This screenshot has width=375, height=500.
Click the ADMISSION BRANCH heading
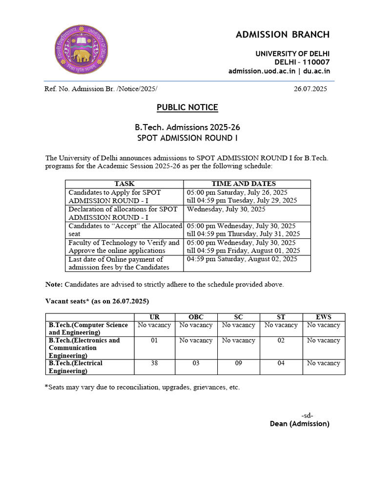(283, 35)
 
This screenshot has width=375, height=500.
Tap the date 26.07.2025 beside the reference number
(310, 89)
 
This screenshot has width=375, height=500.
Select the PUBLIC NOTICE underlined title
(187, 107)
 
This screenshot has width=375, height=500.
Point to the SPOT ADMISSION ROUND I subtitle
(187, 138)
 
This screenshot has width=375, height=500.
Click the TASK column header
(125, 184)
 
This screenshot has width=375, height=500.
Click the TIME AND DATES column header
(243, 184)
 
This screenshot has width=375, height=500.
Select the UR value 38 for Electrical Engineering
(154, 363)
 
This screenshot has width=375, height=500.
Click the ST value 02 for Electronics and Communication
(281, 340)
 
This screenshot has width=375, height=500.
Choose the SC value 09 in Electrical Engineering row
(238, 363)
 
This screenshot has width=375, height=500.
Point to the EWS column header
(323, 317)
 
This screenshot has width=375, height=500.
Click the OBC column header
(196, 317)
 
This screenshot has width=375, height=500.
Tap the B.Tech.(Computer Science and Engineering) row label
(88, 329)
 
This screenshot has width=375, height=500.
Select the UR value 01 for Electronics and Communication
(154, 340)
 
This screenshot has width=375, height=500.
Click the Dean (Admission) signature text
(299, 424)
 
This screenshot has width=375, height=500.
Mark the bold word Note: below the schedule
(54, 284)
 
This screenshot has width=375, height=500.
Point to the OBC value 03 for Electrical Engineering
(196, 363)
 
